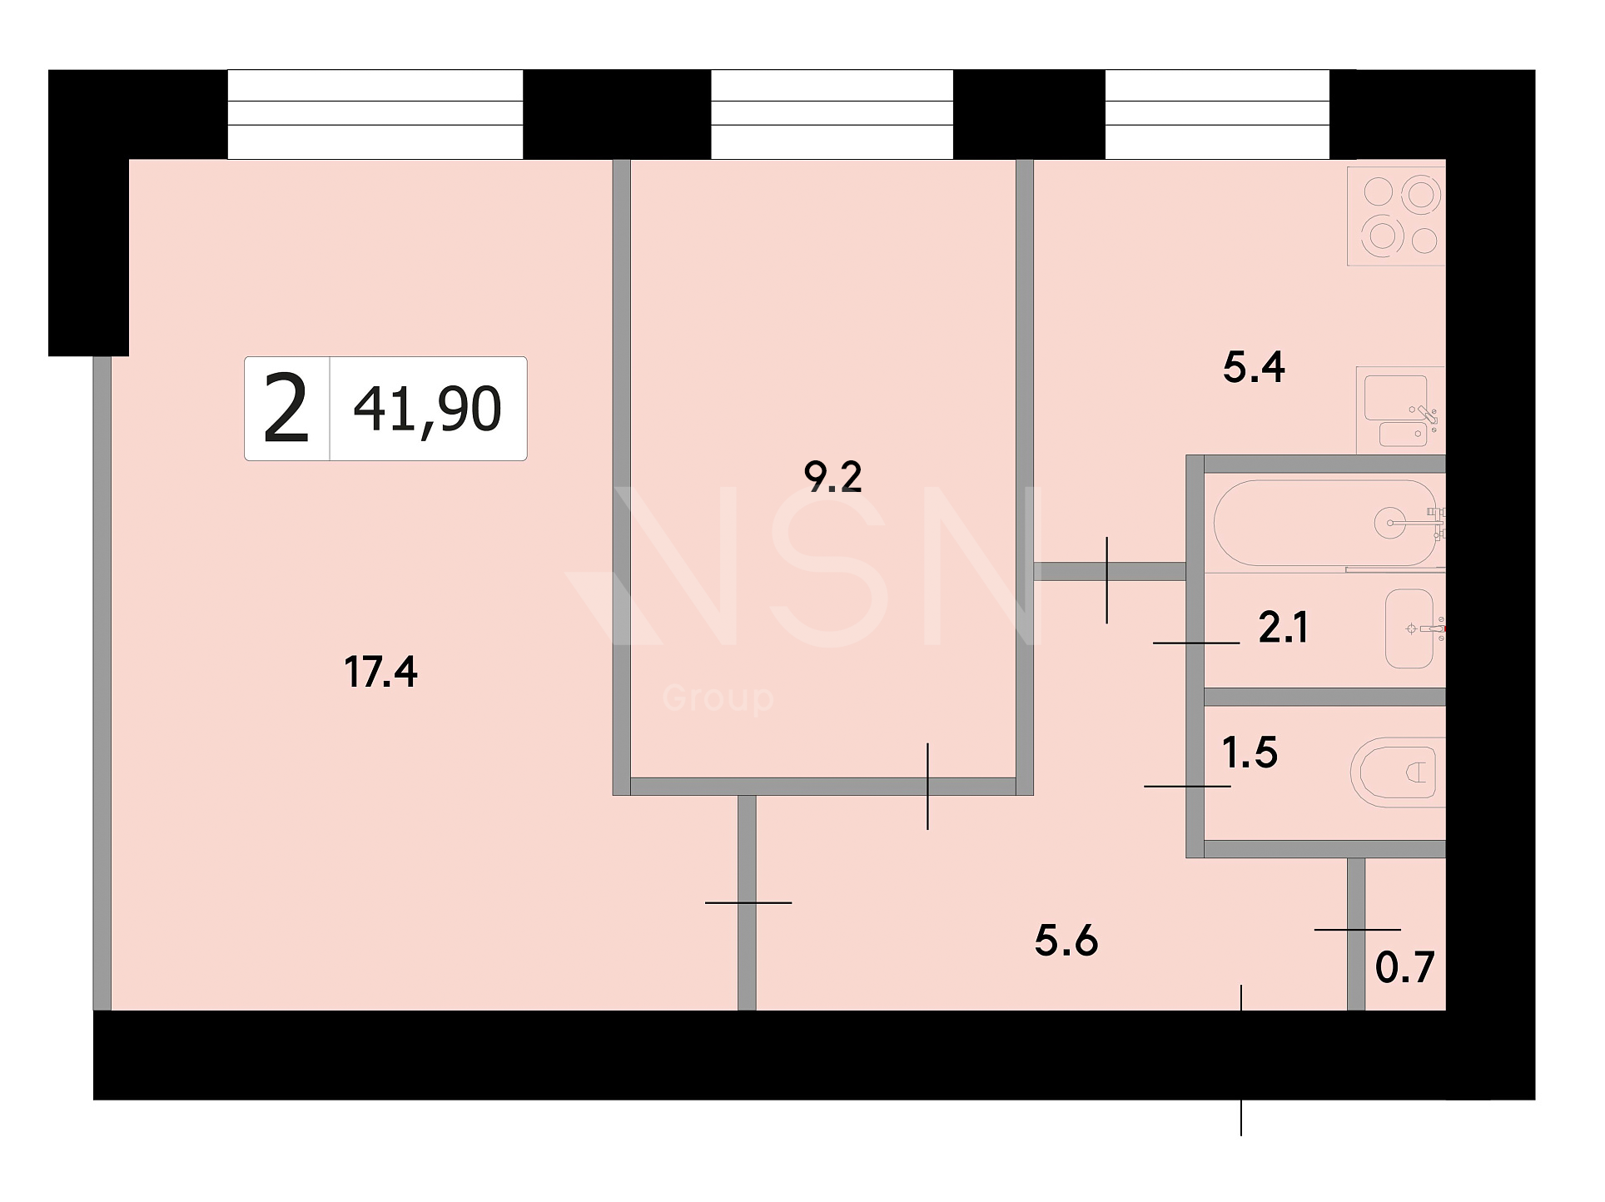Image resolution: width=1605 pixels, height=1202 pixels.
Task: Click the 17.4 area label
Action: (380, 672)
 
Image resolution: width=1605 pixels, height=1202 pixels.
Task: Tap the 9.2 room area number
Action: (832, 477)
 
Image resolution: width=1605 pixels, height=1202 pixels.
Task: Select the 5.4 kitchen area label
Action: (1254, 367)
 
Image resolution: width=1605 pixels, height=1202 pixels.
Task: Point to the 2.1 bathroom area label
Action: (1283, 628)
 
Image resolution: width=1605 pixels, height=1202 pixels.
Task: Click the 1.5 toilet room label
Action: (1250, 752)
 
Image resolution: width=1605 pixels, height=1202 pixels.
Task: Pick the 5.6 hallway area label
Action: (1066, 941)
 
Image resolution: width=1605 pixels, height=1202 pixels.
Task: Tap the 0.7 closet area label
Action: (1405, 968)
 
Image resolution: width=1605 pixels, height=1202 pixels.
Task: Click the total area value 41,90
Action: (428, 410)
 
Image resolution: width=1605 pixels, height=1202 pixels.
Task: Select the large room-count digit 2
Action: (286, 409)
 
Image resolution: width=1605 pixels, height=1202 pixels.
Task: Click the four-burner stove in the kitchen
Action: (1397, 216)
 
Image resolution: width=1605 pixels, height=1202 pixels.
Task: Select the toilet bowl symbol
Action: (1397, 772)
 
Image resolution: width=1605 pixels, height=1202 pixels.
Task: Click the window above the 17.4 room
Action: (375, 114)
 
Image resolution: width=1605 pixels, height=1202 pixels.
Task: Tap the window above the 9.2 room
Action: (832, 114)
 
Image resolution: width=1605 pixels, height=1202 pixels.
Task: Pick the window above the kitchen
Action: (1217, 114)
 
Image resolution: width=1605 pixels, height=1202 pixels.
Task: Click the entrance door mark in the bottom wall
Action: (1241, 1060)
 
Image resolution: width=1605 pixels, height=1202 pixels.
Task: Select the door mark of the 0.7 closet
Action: (1358, 929)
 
